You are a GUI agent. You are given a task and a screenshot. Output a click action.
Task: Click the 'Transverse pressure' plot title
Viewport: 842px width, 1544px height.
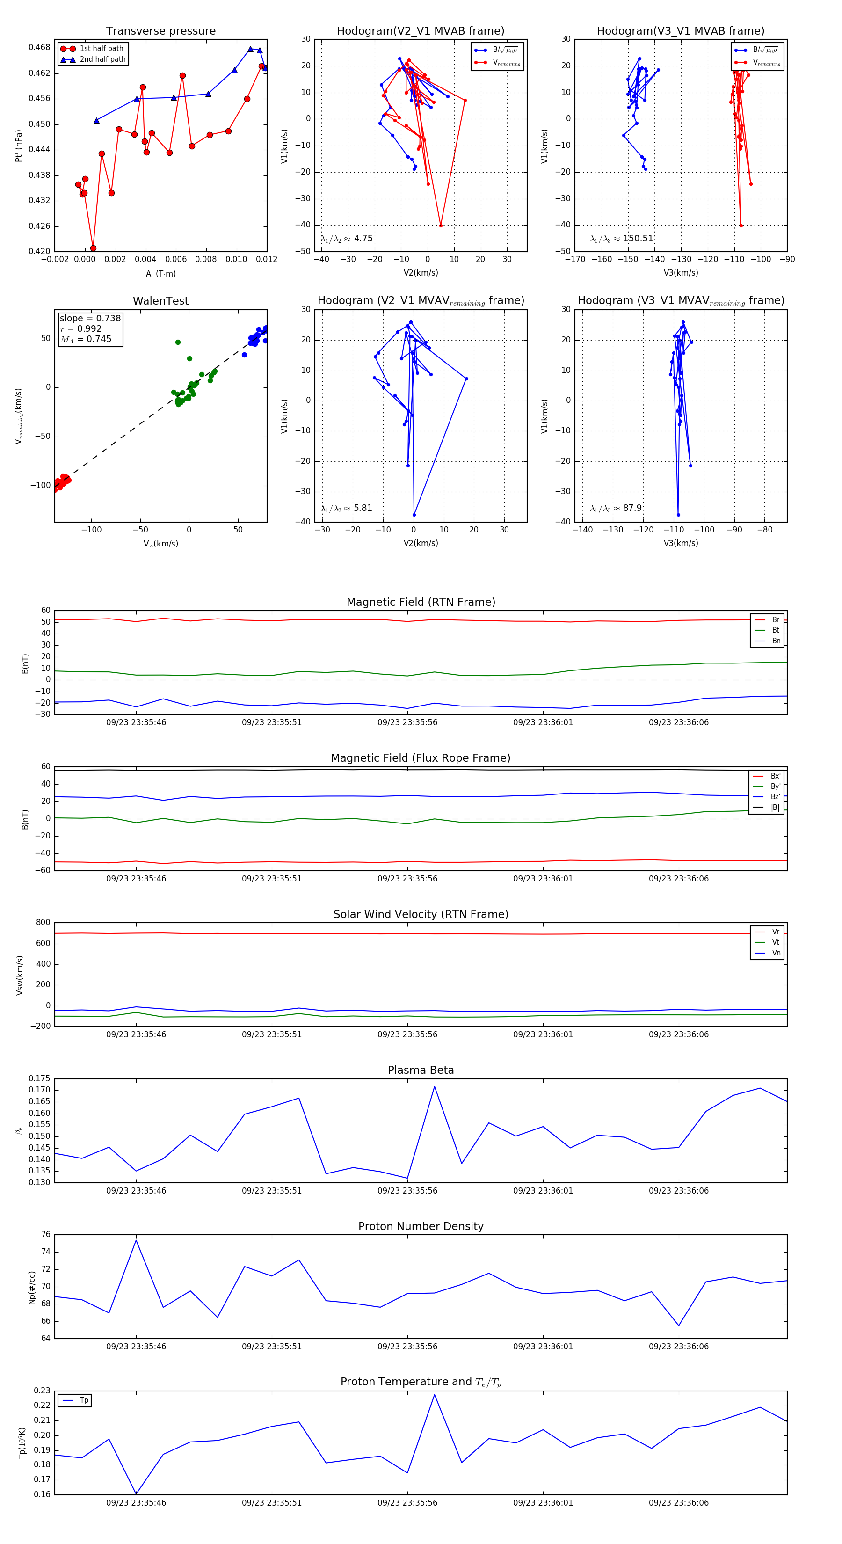point(160,31)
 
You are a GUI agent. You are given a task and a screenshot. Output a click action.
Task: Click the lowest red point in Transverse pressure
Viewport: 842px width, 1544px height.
point(93,248)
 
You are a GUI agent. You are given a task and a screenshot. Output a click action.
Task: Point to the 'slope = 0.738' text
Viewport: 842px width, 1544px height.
point(90,318)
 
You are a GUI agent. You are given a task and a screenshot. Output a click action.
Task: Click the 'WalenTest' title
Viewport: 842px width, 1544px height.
point(160,301)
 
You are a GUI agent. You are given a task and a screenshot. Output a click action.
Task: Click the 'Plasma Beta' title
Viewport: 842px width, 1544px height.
point(421,1071)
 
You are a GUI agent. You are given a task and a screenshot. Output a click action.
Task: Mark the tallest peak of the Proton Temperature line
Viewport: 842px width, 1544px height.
point(435,1395)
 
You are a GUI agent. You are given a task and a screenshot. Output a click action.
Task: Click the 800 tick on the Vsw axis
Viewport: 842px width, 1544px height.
point(43,923)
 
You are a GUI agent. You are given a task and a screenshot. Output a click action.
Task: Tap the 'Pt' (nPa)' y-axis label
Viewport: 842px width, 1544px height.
point(19,146)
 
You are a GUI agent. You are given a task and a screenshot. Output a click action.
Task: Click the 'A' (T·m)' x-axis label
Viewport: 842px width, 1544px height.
point(160,273)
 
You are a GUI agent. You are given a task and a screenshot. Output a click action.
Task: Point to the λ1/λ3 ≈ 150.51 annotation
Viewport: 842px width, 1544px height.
point(622,239)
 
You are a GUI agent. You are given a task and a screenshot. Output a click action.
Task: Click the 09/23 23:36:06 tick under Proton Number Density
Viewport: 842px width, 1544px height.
point(678,1346)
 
